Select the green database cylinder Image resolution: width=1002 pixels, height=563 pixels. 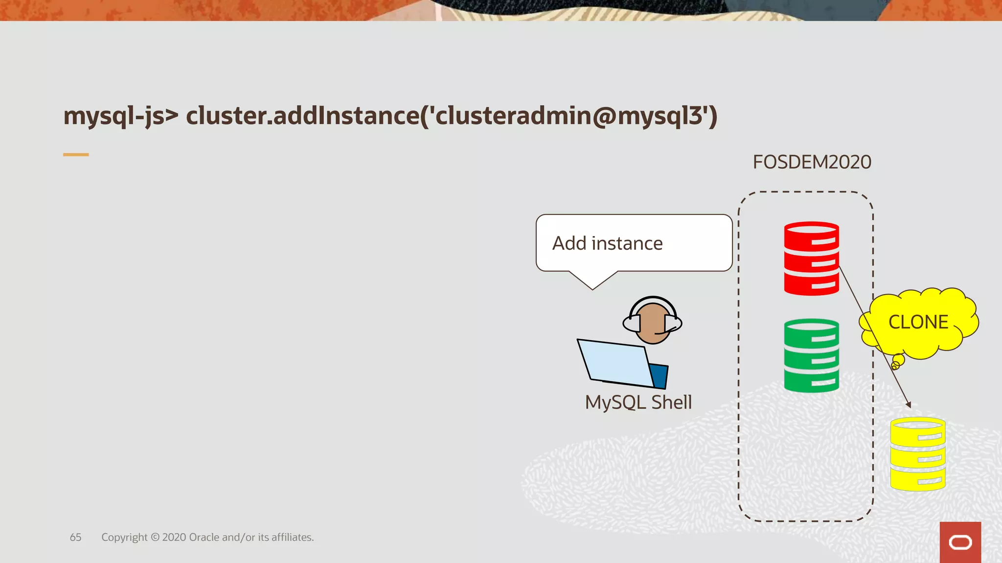pyautogui.click(x=811, y=355)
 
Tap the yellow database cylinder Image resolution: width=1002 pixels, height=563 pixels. pyautogui.click(x=917, y=454)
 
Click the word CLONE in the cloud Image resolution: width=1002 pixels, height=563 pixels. pyautogui.click(x=918, y=322)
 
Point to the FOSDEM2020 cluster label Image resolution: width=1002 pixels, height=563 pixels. pyautogui.click(x=812, y=162)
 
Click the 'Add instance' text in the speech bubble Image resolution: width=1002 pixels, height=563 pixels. pyautogui.click(x=607, y=243)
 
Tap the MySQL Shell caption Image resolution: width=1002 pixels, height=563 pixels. pyautogui.click(x=638, y=402)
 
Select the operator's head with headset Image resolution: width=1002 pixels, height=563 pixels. pyautogui.click(x=652, y=321)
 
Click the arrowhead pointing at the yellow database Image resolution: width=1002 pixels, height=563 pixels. pyautogui.click(x=908, y=405)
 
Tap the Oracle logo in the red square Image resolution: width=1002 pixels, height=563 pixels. pyautogui.click(x=960, y=542)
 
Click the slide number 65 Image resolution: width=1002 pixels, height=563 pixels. pyautogui.click(x=75, y=537)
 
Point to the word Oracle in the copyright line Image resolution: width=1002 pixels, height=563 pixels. pyautogui.click(x=204, y=537)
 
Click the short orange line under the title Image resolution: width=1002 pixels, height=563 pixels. pyautogui.click(x=76, y=154)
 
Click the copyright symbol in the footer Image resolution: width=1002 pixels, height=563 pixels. pyautogui.click(x=155, y=537)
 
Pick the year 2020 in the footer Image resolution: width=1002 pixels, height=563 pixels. pyautogui.click(x=174, y=537)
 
